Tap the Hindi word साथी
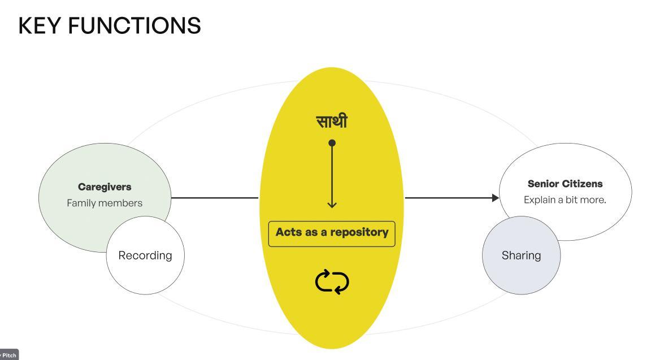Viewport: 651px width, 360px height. (x=332, y=121)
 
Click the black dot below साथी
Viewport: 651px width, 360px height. (x=332, y=143)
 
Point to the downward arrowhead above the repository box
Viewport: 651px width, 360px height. (x=332, y=204)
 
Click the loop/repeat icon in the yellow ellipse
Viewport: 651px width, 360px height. (x=332, y=282)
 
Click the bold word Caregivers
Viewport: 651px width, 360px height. (x=105, y=186)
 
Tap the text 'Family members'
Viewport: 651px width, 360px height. (x=105, y=203)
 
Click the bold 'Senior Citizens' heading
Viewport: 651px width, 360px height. (x=565, y=184)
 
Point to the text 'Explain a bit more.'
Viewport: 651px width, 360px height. (x=565, y=199)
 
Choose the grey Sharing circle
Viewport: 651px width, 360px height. (x=521, y=255)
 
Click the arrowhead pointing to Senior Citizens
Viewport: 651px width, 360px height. (x=496, y=198)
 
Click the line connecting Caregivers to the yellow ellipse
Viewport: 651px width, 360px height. (x=215, y=198)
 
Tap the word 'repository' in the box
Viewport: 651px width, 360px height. (x=361, y=232)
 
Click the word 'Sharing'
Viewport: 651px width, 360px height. (x=521, y=255)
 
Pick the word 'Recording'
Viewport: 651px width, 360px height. (x=145, y=255)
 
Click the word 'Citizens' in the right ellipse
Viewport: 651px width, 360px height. (x=582, y=184)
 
